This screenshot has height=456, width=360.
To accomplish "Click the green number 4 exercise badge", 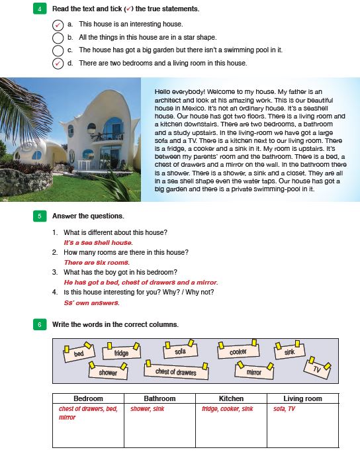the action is tap(40, 9).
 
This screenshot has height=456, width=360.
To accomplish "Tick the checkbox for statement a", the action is tap(58, 24).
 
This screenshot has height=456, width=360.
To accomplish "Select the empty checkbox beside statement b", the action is tap(58, 38).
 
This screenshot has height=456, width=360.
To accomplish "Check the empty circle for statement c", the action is tap(58, 50).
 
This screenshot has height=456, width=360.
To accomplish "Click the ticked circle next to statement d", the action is tap(58, 64).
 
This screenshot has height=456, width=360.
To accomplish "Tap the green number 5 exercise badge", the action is tap(40, 216).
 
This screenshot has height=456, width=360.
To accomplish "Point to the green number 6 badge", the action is tap(40, 324).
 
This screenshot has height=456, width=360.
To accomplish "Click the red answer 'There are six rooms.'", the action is tap(97, 263).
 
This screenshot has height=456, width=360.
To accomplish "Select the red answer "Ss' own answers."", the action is tap(91, 302).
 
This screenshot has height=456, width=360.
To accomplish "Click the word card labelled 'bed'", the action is tap(79, 352).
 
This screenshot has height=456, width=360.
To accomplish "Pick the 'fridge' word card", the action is tap(121, 351).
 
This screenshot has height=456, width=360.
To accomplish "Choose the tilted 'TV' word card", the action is tap(317, 368).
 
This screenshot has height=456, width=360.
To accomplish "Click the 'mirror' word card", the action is tap(254, 371).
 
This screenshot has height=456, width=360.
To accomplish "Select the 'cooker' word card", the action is tap(238, 350).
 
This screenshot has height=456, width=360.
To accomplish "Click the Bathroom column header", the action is tap(159, 398).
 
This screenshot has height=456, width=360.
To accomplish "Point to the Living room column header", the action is tap(302, 398).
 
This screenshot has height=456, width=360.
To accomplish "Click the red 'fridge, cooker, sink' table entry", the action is tap(228, 409).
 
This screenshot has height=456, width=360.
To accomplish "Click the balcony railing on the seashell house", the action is tap(108, 137).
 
